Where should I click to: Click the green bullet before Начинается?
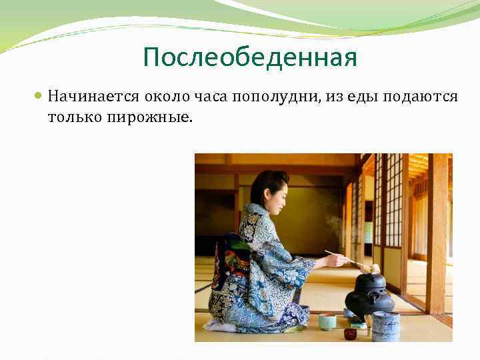click(x=39, y=97)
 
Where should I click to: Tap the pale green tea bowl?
click(x=327, y=321)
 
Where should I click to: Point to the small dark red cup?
click(x=351, y=333)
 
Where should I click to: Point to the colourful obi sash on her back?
click(x=230, y=267)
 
